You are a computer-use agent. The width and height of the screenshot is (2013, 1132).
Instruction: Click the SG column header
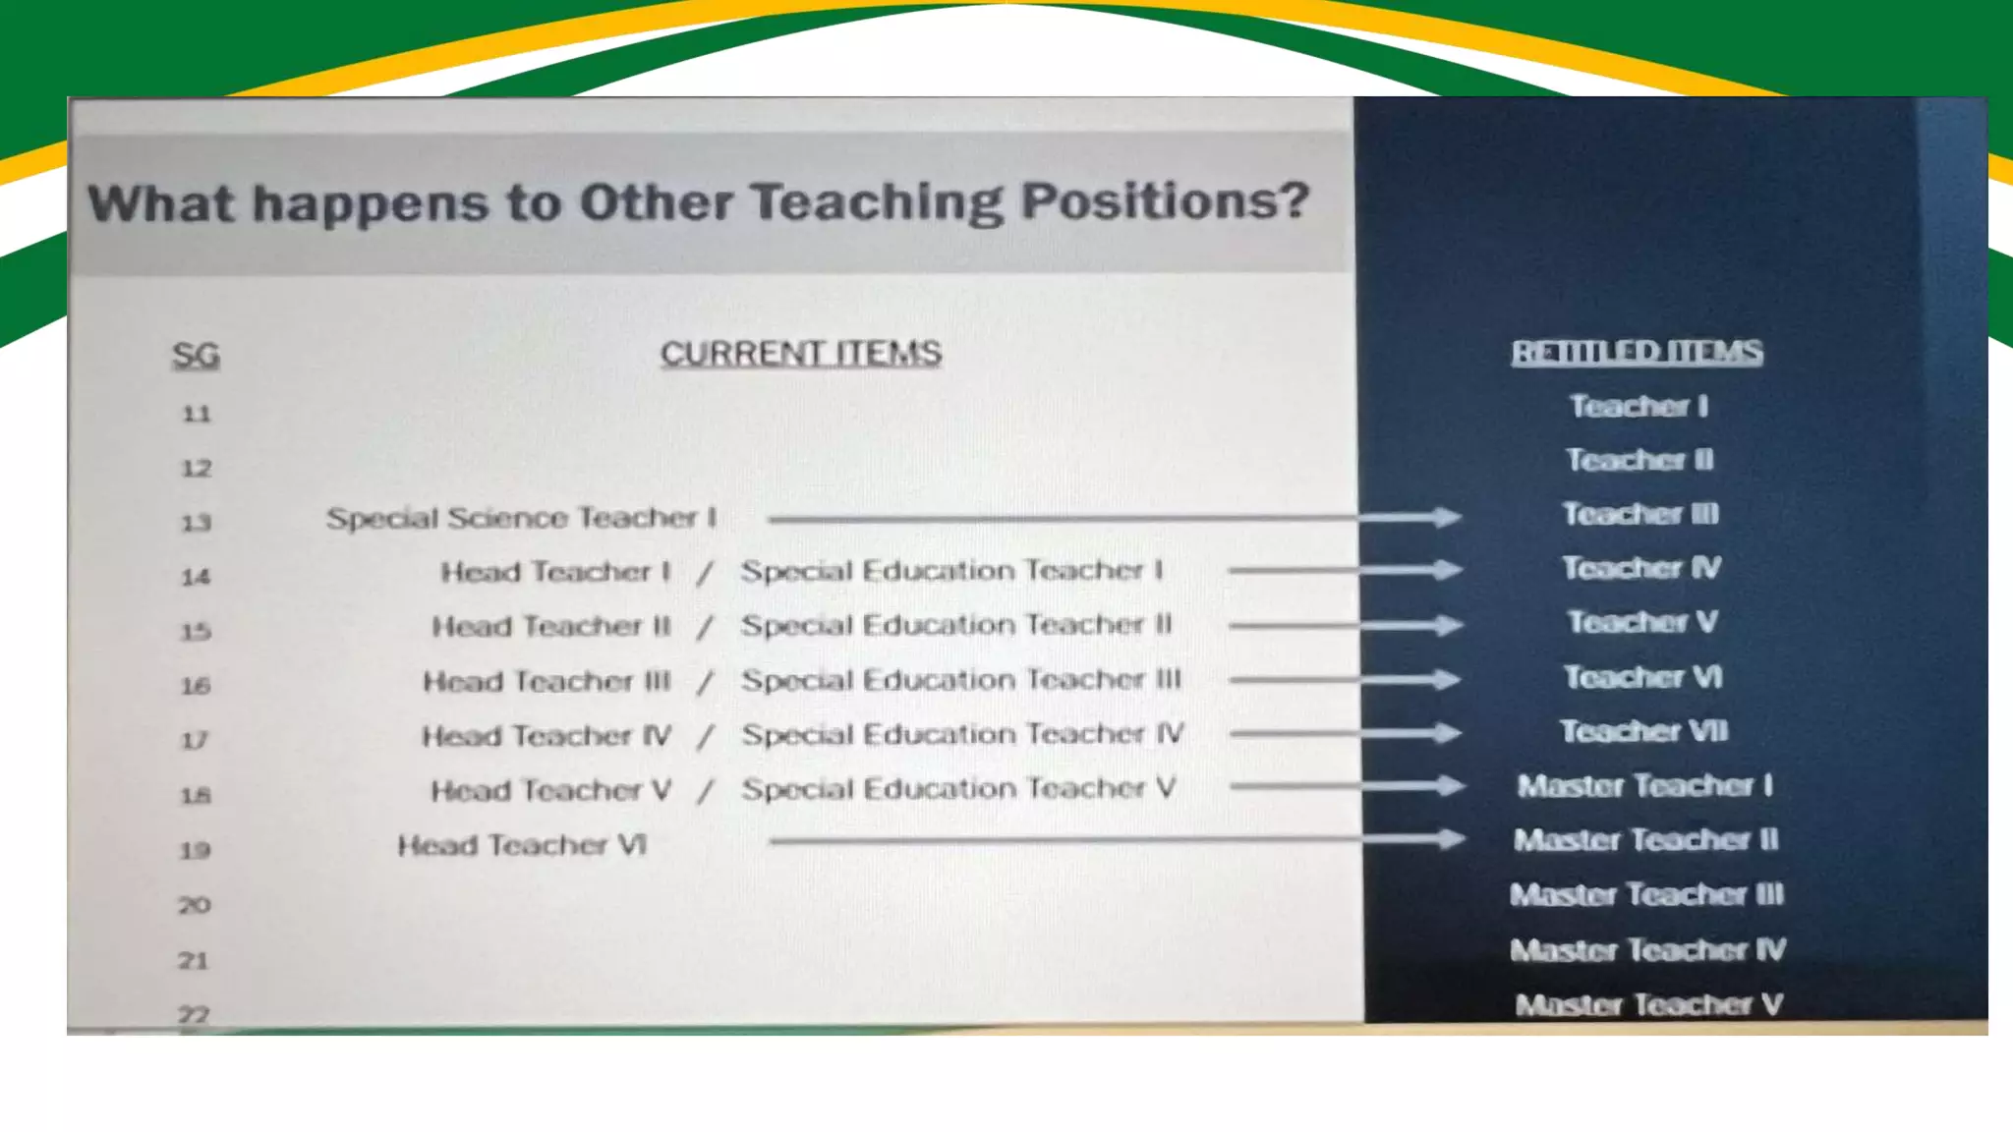click(196, 355)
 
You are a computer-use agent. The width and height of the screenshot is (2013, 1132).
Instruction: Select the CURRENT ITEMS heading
click(800, 354)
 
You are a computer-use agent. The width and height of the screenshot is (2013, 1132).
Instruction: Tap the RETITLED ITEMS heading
click(1637, 352)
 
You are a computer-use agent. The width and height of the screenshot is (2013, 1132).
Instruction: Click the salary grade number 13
click(196, 523)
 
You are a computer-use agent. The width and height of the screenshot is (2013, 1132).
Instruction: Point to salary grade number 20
click(195, 904)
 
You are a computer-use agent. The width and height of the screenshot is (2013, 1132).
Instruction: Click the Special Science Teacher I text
click(521, 518)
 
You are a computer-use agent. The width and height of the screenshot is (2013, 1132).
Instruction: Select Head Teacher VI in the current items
click(522, 845)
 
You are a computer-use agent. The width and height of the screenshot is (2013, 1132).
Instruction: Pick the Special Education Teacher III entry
click(961, 680)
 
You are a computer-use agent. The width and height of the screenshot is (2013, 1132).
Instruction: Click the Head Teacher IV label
click(546, 736)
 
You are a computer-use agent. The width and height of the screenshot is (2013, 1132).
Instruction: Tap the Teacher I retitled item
click(1639, 406)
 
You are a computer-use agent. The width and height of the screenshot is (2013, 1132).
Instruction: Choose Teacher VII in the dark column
click(1643, 731)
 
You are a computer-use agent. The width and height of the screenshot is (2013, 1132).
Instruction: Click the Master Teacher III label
click(1646, 894)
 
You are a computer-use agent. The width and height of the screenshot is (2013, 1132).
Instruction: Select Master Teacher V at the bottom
click(1648, 1004)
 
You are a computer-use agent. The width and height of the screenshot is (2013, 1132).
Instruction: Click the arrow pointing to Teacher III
click(1115, 518)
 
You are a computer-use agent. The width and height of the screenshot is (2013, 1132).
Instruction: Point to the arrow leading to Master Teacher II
click(1117, 840)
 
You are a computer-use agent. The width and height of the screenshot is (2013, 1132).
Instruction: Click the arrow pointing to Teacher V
click(1345, 625)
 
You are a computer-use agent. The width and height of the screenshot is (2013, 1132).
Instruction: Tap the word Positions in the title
click(1165, 201)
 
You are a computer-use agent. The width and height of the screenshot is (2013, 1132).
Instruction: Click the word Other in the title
click(656, 202)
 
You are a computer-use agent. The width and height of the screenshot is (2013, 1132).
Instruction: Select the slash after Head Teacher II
click(704, 626)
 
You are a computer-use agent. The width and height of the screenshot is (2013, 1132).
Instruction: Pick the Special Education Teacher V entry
click(958, 789)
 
